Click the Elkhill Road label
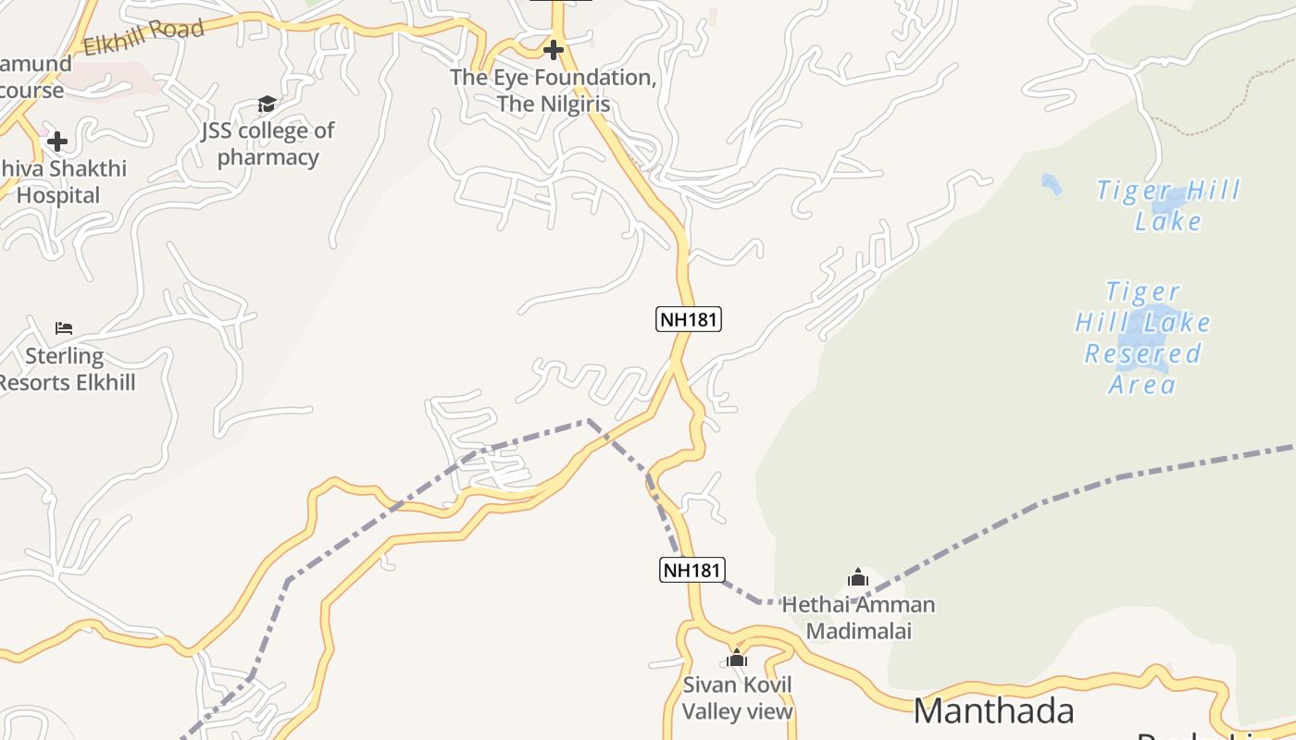pos(143,37)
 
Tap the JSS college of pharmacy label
pos(268,143)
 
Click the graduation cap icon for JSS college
pos(267,104)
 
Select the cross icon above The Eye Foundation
pos(554,49)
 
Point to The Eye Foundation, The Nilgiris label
pos(554,91)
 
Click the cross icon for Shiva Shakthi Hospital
pos(57,142)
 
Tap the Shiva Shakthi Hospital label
pos(61,182)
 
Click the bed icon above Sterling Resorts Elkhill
pos(64,328)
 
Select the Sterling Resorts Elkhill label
pos(67,369)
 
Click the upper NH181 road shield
pos(689,320)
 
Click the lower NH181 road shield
pos(692,570)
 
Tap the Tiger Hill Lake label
pos(1168,205)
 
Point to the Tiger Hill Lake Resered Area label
pos(1143,339)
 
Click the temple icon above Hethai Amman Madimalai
pos(858,579)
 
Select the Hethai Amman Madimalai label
pos(858,618)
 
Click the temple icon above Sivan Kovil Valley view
pos(737,659)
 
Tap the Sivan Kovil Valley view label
pos(737,698)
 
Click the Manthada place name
pos(993,711)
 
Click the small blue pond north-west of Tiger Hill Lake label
pos(1051,184)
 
